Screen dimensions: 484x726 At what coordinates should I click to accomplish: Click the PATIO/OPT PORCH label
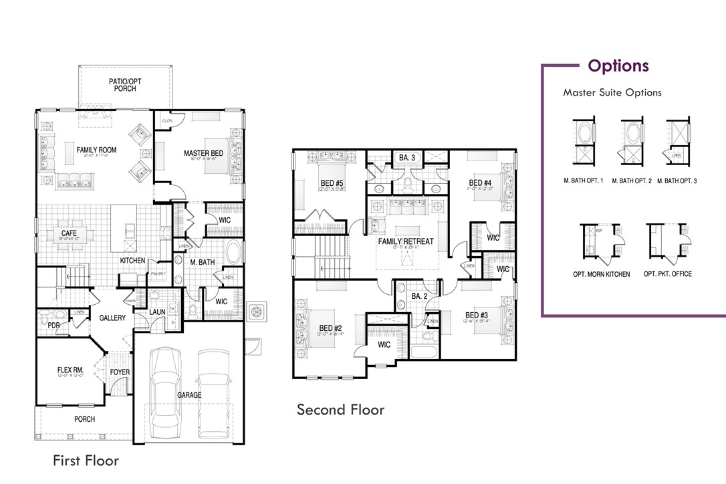[x=125, y=85]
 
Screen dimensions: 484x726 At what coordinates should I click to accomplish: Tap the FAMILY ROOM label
[x=96, y=150]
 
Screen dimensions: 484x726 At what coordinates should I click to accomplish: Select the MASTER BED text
[x=204, y=154]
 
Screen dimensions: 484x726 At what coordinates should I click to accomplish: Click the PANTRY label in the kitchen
[x=158, y=273]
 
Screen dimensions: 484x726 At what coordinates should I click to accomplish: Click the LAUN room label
[x=158, y=311]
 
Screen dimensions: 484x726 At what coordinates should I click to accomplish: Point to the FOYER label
[x=120, y=372]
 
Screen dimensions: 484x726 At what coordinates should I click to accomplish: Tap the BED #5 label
[x=332, y=183]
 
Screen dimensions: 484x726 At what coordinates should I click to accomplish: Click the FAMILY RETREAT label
[x=406, y=241]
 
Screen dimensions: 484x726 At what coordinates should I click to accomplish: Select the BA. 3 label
[x=407, y=158]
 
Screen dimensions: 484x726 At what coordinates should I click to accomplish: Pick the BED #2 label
[x=330, y=328]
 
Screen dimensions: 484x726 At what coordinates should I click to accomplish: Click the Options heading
[x=618, y=66]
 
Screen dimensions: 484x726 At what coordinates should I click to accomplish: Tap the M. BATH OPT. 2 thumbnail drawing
[x=632, y=142]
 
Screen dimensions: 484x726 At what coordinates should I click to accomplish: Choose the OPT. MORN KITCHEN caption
[x=601, y=274]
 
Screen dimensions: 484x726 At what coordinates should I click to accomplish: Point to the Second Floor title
[x=340, y=409]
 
